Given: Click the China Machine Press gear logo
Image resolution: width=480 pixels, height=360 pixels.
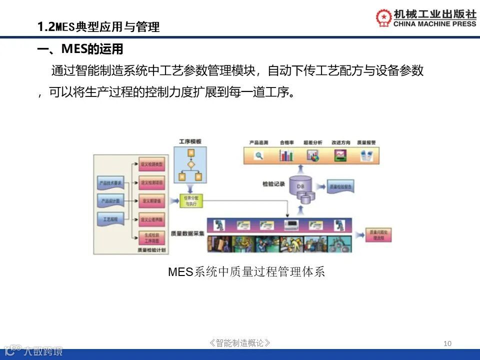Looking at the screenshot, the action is click(384, 17).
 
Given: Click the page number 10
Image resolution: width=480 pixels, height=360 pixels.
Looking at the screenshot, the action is click(447, 343).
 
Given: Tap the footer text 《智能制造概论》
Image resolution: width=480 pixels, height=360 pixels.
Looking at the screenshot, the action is click(240, 343).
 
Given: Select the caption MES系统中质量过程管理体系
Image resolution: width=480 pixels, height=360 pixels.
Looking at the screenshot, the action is click(246, 272).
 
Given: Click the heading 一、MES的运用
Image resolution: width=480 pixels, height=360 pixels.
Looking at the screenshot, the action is click(80, 49).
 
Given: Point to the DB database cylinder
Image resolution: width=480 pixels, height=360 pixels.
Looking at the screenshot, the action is click(300, 186).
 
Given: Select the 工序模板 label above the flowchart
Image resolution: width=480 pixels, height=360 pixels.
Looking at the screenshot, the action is click(190, 141).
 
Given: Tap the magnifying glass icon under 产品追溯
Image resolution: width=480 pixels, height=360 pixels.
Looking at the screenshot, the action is click(258, 155).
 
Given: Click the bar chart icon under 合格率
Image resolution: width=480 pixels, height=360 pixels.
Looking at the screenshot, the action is click(286, 155).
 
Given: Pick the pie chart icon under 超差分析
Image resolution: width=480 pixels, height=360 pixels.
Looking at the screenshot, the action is click(313, 155).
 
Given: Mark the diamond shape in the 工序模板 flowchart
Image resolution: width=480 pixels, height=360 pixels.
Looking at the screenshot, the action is click(190, 164).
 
